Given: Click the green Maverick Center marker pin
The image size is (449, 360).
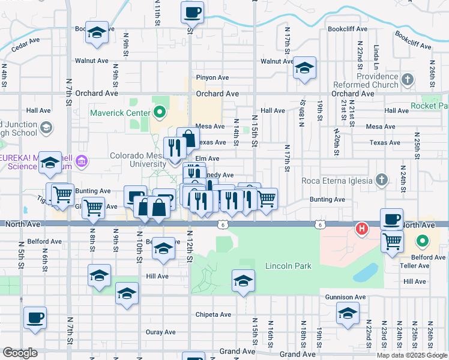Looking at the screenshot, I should coord(159,112).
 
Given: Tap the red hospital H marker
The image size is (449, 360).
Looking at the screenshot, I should coord(361,229).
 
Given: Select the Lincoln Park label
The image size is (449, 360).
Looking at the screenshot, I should coord(289,265).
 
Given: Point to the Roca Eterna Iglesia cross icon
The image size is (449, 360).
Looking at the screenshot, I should coord(381,179).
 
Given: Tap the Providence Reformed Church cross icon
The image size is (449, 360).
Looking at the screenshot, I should coord(407,79).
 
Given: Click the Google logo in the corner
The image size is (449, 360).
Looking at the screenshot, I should coord(20,353).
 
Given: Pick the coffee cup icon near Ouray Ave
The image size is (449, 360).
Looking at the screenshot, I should coord(35,317).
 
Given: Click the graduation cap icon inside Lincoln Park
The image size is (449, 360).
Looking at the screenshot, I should coord(243,280).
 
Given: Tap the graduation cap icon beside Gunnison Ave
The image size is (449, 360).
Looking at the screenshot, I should coord(348,313).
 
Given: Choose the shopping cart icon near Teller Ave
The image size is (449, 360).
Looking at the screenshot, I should coord(392,241).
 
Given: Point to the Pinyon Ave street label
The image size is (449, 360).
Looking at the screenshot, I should coord(212,77).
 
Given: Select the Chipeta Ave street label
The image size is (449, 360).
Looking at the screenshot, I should coord(213,314).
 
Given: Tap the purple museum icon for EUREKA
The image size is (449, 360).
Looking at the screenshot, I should coord(82,161).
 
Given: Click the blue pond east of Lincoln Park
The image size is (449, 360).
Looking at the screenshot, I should coord(366,272).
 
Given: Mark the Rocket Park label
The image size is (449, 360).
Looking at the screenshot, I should coord(430,106).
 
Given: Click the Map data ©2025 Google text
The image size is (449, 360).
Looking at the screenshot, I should coord(412,355).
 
